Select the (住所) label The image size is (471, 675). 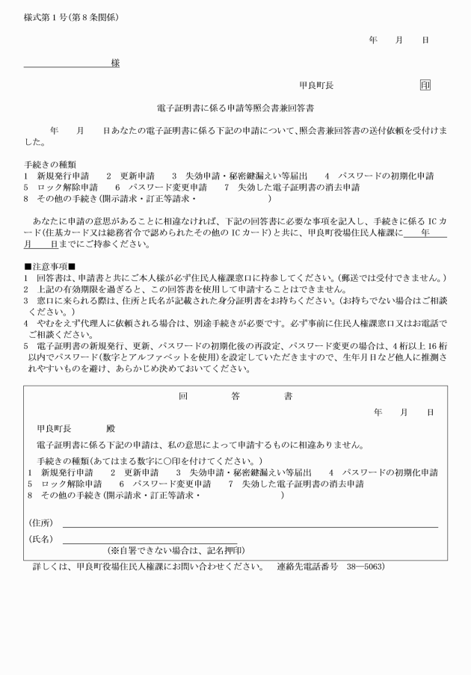(x=40, y=523)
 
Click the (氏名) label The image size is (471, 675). (x=40, y=539)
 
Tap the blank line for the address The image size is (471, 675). (x=250, y=527)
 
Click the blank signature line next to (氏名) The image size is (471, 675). (x=150, y=543)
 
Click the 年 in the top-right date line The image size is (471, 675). (x=373, y=38)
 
